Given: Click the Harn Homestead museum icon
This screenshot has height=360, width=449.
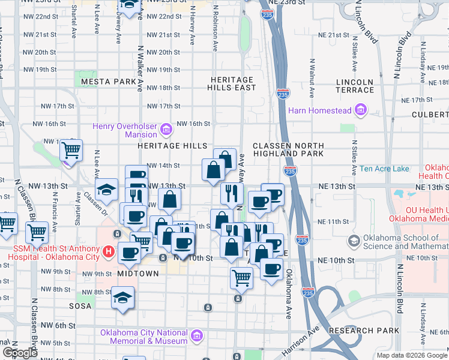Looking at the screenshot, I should (x=361, y=110).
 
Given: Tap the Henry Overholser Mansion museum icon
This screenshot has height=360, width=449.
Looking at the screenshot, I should (x=167, y=127).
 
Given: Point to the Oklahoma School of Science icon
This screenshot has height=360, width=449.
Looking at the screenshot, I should (x=354, y=241).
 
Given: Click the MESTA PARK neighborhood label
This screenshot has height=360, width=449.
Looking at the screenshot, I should (x=109, y=81).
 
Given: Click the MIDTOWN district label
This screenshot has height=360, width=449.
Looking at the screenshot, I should (x=138, y=274).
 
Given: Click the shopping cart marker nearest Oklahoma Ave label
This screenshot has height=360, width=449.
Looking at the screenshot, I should (x=241, y=277).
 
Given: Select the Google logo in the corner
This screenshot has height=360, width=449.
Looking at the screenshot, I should (x=20, y=353).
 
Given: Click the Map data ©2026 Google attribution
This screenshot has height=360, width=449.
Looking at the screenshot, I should (x=411, y=355).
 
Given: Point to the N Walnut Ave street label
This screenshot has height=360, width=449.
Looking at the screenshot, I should (x=312, y=78).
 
